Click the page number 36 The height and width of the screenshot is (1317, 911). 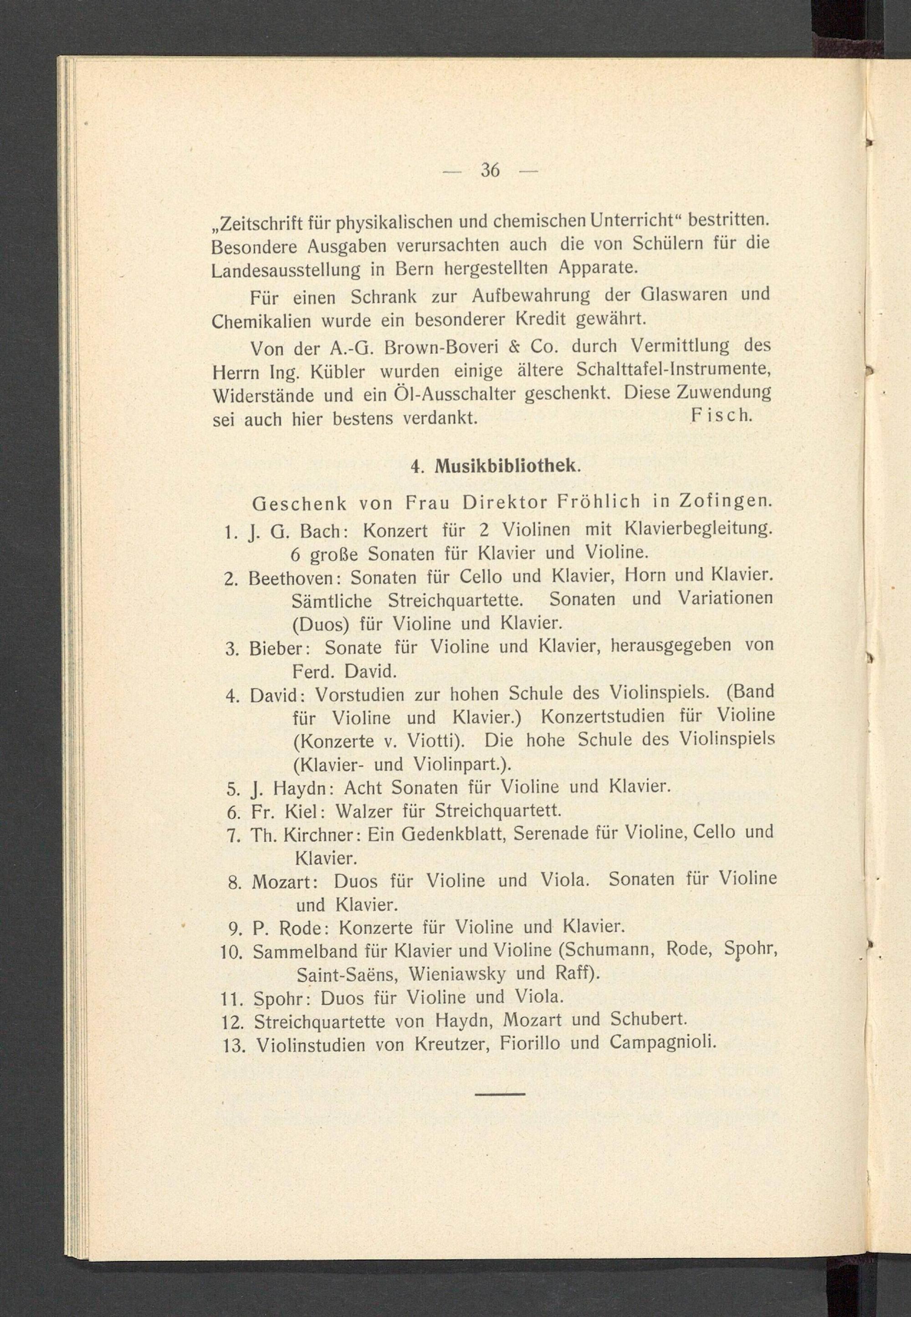tap(490, 170)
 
